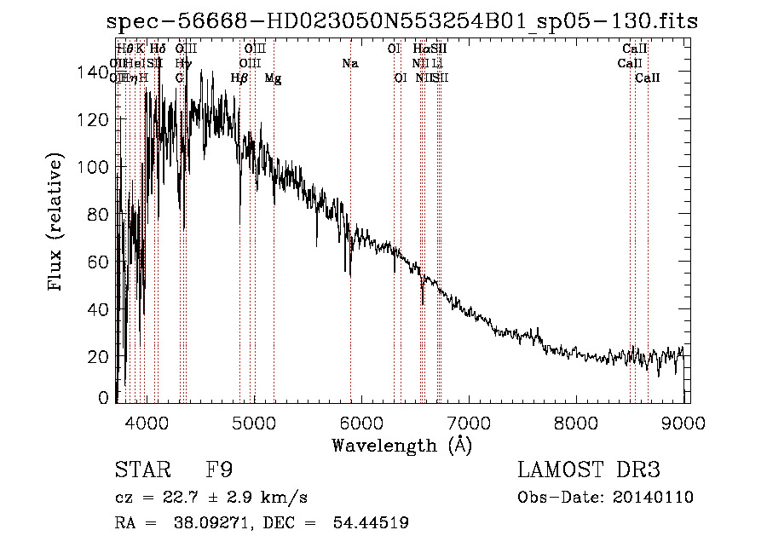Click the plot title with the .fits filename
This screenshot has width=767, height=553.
[x=402, y=21]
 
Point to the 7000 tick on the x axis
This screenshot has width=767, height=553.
[x=470, y=422]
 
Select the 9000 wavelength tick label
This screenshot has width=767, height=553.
[x=684, y=422]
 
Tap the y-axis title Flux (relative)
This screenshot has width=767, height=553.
[x=57, y=223]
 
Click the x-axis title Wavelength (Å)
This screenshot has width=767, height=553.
[x=401, y=445]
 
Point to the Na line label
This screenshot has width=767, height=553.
[x=350, y=64]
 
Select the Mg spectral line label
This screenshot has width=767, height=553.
[x=273, y=78]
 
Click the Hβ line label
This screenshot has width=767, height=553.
[x=239, y=78]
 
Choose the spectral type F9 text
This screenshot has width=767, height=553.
[x=219, y=470]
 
